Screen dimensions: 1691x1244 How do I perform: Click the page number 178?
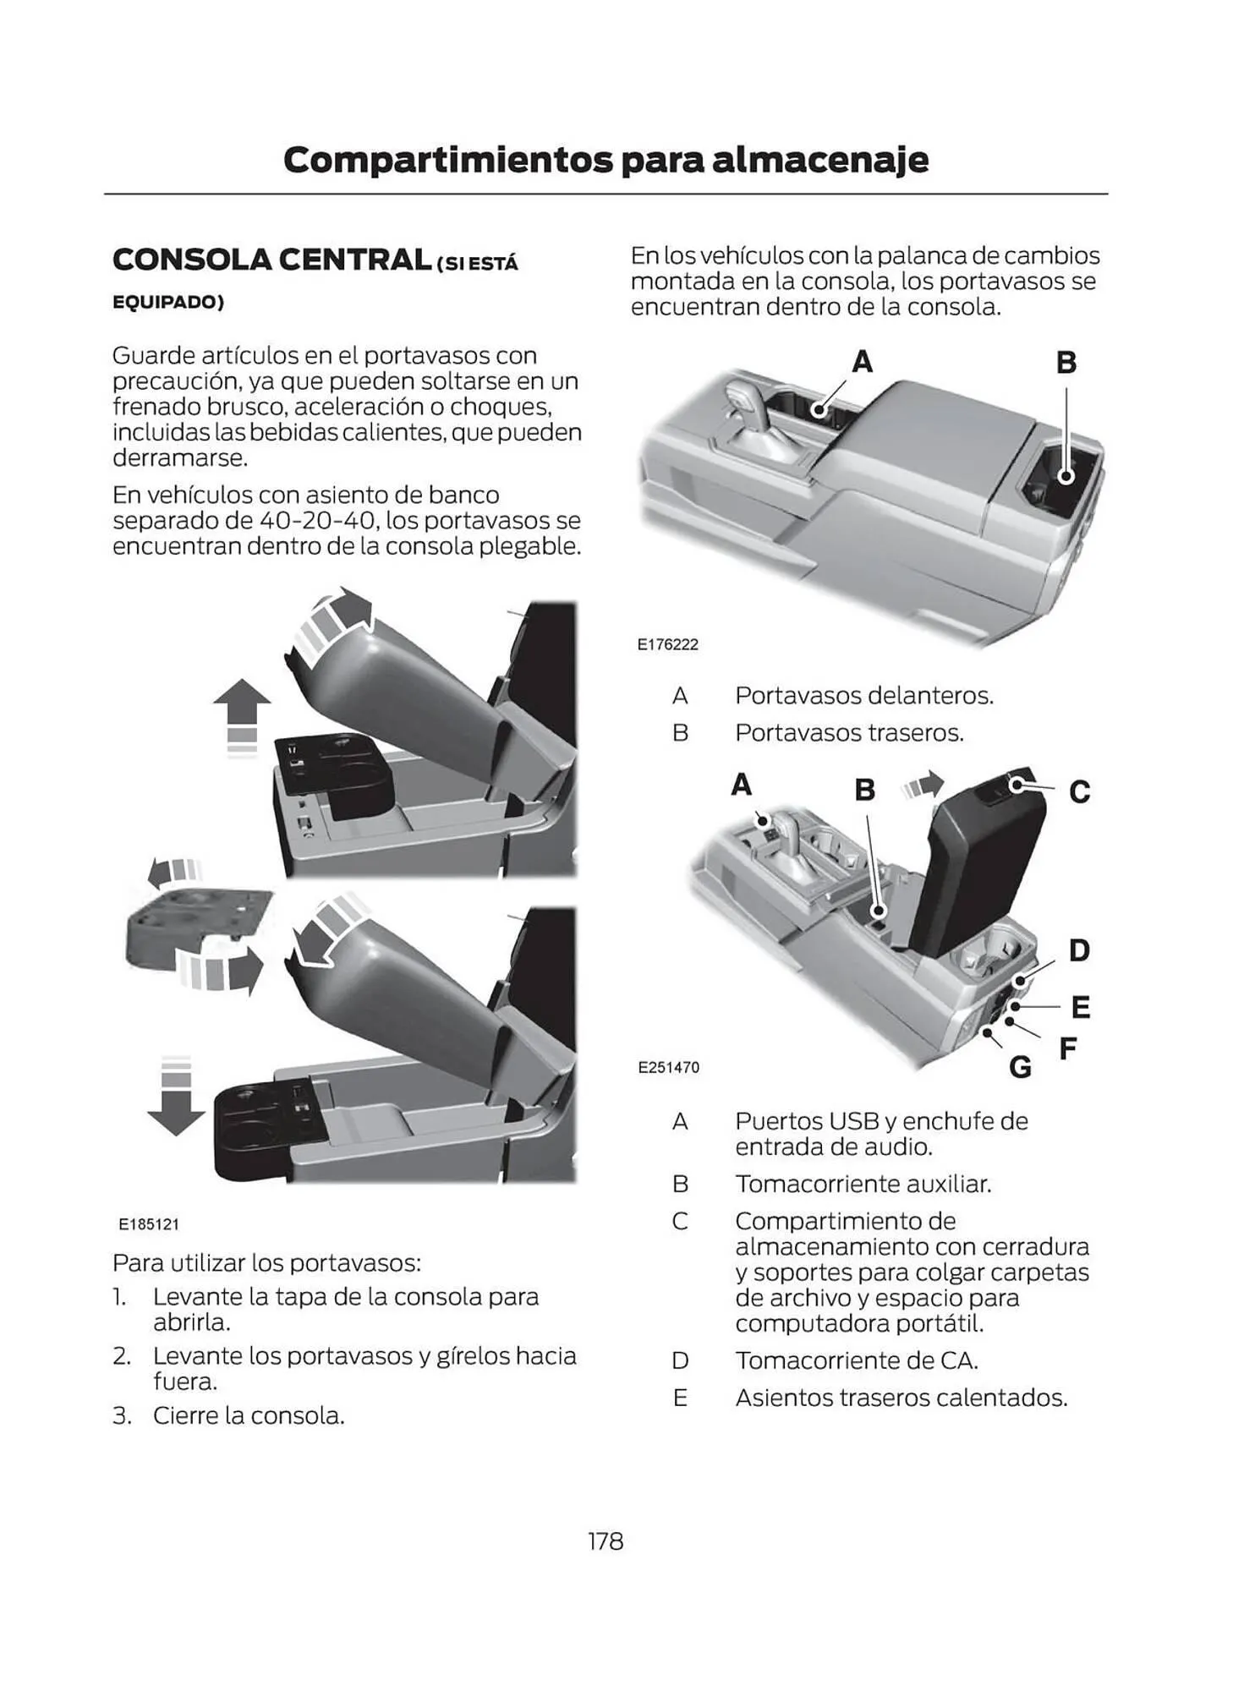coord(606,1541)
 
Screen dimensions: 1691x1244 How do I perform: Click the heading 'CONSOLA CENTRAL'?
coord(271,260)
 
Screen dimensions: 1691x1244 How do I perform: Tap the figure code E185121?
coord(149,1223)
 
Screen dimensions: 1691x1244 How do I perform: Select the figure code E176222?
coord(668,644)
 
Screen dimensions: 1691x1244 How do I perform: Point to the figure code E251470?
coord(668,1067)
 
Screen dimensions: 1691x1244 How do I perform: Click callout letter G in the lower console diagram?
coord(1021,1068)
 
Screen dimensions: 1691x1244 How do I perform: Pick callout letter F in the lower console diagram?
coord(1068,1048)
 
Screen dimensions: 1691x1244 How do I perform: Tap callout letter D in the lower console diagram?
coord(1079,950)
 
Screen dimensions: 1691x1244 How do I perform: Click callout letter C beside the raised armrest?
coord(1080,792)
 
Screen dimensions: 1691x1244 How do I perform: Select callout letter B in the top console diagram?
coord(1066,363)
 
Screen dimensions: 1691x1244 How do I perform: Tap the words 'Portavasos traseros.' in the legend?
coord(849,732)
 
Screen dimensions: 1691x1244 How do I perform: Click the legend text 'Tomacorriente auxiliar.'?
coord(863,1184)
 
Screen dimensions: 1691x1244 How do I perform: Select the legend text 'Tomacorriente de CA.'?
coord(856,1360)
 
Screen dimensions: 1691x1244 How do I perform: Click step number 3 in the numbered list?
coord(123,1415)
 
